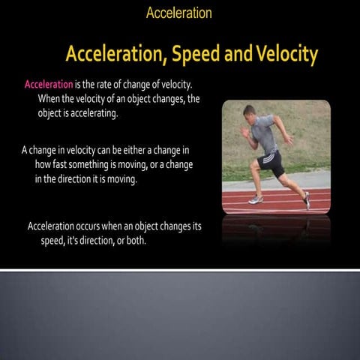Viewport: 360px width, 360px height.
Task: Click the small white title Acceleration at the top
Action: (179, 13)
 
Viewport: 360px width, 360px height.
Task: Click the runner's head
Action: (250, 112)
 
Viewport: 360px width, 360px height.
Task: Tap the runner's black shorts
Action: (271, 160)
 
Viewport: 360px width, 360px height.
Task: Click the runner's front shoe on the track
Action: (256, 199)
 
